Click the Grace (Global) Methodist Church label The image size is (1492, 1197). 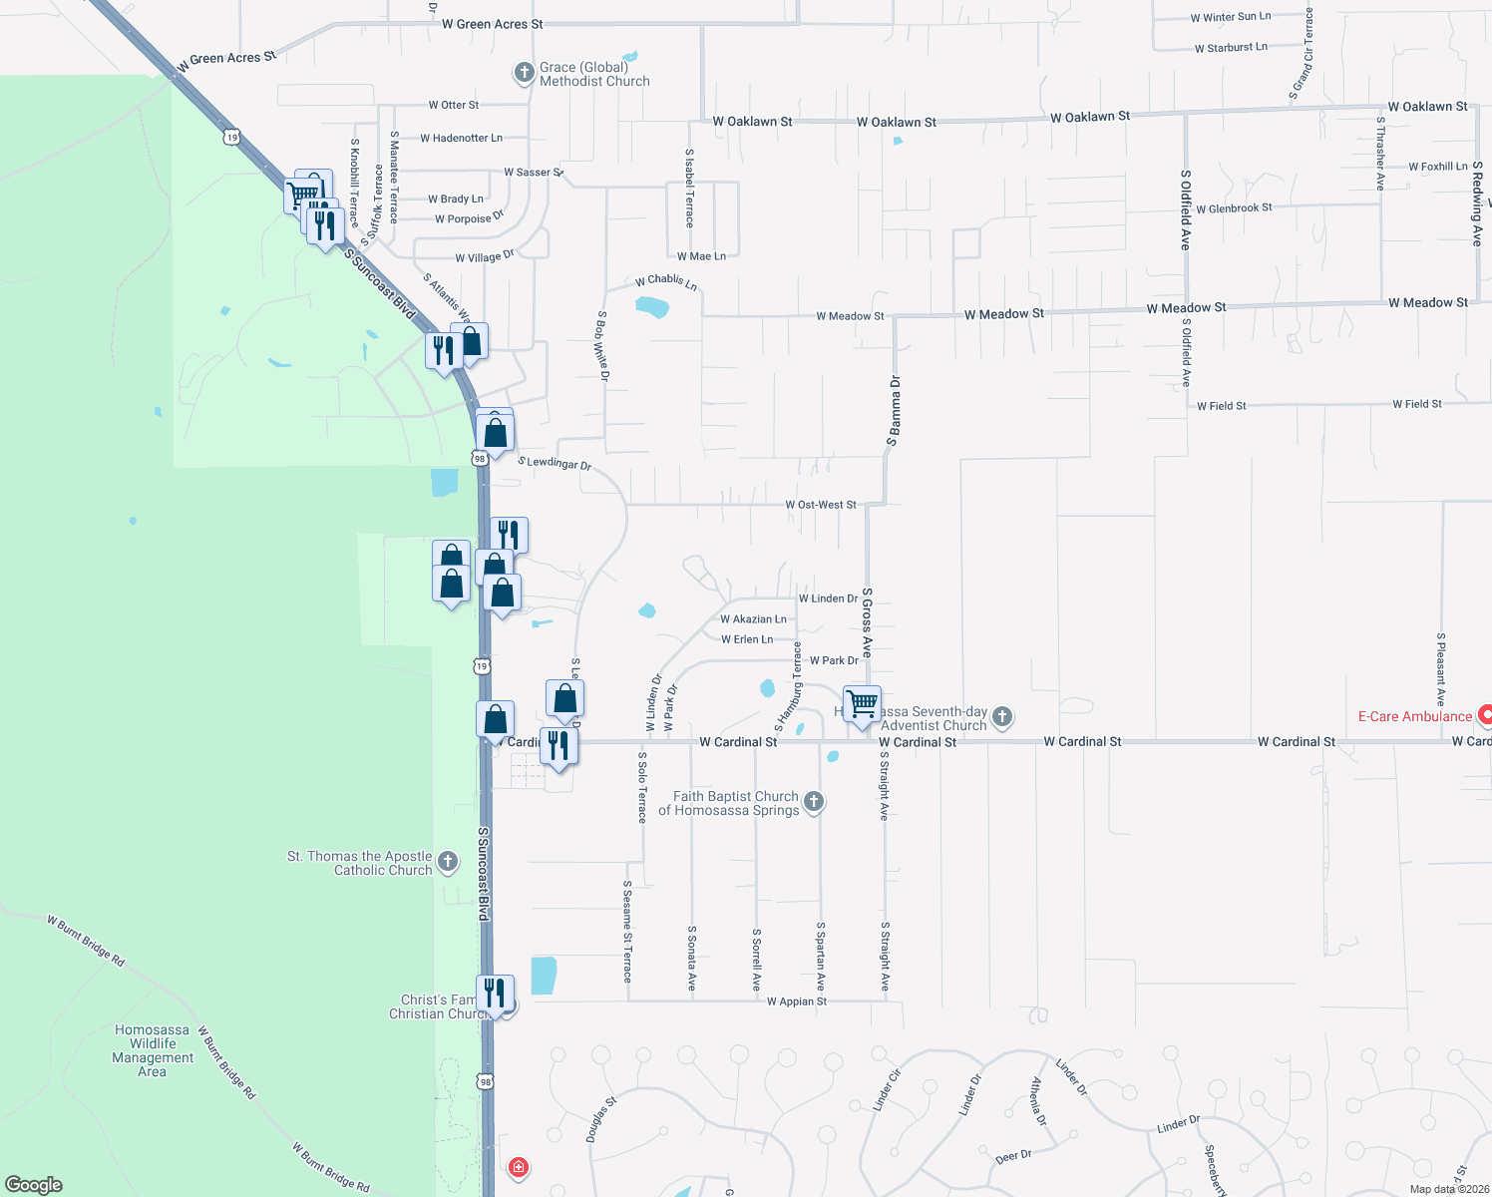tap(594, 75)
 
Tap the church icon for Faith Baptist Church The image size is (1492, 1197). tap(814, 802)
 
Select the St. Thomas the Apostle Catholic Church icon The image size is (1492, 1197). tap(448, 862)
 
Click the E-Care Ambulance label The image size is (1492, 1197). tap(1414, 717)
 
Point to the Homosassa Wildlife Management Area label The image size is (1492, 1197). tap(153, 1050)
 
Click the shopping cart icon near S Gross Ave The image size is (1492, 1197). tap(862, 703)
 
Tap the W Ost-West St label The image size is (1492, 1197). tap(820, 505)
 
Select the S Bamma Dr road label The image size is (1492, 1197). tap(895, 410)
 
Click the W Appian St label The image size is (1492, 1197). tap(797, 1001)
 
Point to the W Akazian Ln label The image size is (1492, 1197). tap(753, 619)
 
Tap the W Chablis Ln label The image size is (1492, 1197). tap(666, 281)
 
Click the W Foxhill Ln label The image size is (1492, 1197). tap(1437, 167)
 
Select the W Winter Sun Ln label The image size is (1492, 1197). tap(1231, 17)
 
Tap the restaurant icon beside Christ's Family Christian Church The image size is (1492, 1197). tap(495, 994)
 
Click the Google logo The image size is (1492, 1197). tap(34, 1185)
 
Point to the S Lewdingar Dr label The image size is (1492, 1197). tap(555, 463)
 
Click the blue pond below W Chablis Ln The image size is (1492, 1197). tap(652, 307)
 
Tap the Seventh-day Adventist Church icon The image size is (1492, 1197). tap(1002, 716)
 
